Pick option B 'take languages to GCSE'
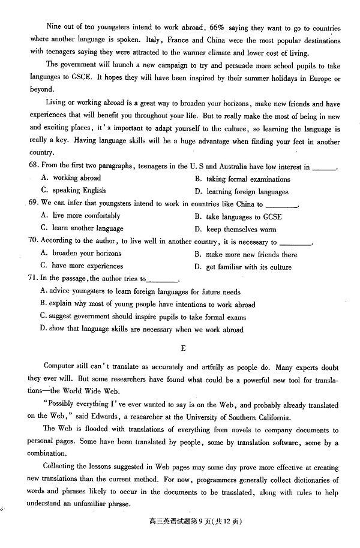[x=235, y=217]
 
